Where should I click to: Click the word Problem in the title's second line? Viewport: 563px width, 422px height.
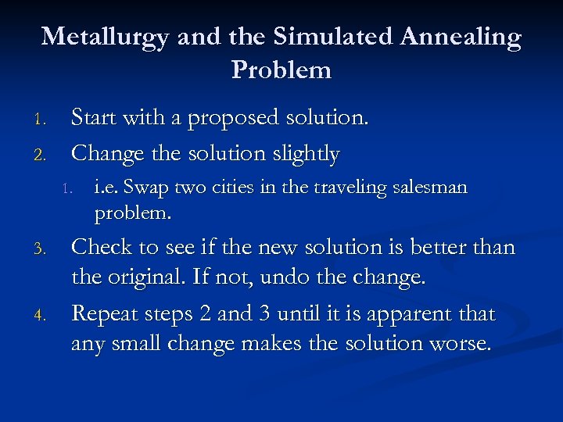click(x=281, y=70)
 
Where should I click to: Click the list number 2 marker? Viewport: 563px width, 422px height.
click(x=45, y=155)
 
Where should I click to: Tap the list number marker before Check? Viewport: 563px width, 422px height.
click(x=45, y=249)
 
